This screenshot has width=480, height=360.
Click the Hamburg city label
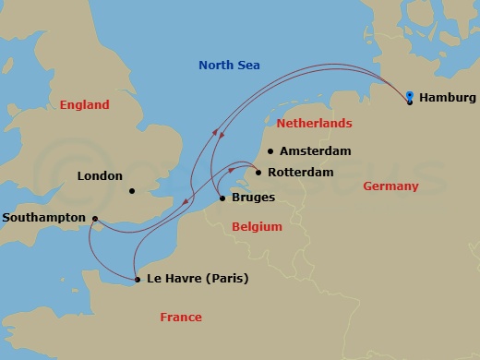click(x=447, y=98)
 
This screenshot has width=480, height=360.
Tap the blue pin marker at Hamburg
click(x=409, y=95)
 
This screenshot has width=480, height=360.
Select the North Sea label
click(x=230, y=66)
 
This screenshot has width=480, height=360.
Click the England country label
click(x=84, y=105)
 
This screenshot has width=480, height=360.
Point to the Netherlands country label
click(x=316, y=123)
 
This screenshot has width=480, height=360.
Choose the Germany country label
click(x=390, y=186)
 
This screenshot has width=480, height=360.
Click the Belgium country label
click(x=257, y=226)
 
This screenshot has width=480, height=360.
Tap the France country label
click(x=180, y=318)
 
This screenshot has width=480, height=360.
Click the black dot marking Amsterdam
click(x=270, y=151)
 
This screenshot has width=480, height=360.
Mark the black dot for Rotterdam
click(x=258, y=173)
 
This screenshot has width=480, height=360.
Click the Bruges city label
click(x=253, y=198)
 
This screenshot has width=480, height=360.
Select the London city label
click(x=100, y=175)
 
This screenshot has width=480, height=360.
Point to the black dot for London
click(x=132, y=192)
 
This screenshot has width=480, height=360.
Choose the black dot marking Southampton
click(x=94, y=219)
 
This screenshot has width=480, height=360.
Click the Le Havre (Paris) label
click(x=198, y=279)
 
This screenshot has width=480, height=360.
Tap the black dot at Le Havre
click(x=138, y=279)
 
